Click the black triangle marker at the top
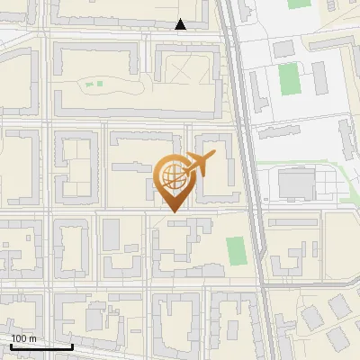pos(180,24)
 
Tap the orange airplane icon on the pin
pos(198,164)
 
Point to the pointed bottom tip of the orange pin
pos(171,211)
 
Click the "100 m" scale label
pos(23,338)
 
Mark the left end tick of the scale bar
pos(11,346)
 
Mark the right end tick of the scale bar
pos(72,346)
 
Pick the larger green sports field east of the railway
pos(289,78)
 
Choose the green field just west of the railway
pos(236,250)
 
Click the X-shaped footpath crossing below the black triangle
pos(181,67)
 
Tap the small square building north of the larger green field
pos(283,47)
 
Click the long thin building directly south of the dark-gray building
pos(292,220)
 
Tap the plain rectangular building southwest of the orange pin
pos(112,235)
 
